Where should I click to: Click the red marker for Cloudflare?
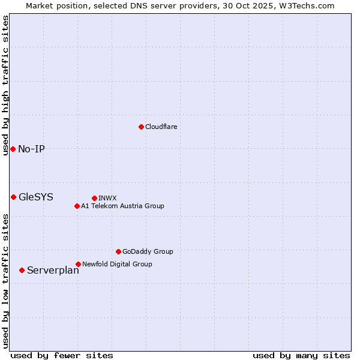point(141,127)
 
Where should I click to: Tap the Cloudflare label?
point(161,127)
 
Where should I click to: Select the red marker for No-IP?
point(13,149)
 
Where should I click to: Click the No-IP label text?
point(31,149)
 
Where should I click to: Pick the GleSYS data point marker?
point(13,197)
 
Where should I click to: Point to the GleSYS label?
point(36,197)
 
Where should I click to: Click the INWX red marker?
point(94,198)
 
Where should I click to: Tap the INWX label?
point(107,198)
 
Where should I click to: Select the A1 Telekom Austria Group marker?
point(77,206)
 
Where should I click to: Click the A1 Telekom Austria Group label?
point(122,206)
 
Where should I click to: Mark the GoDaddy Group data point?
point(118,251)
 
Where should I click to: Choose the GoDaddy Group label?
point(148,251)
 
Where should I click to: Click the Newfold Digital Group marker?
point(78,264)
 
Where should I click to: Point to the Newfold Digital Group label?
point(117,264)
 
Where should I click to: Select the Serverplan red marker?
point(22,270)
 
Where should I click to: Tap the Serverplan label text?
point(53,271)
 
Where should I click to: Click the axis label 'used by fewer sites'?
point(62,355)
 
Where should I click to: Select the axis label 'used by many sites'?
point(301,355)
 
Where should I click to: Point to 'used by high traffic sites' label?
point(5,85)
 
